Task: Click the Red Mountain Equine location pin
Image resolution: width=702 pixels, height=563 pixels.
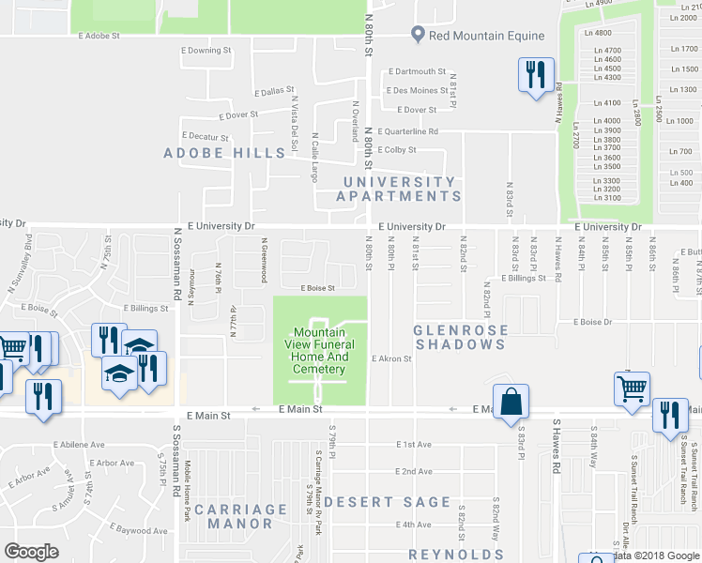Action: tap(417, 35)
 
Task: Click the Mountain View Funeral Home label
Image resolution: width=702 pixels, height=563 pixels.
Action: tap(320, 351)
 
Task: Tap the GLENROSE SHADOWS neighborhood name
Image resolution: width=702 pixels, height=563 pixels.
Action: tap(460, 337)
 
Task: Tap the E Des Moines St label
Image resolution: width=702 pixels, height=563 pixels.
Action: tap(416, 91)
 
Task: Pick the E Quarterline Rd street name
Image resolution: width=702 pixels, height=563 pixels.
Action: tap(406, 131)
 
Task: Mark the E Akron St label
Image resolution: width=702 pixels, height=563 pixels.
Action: tap(392, 358)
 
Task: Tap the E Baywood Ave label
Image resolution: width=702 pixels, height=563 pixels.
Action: tap(134, 530)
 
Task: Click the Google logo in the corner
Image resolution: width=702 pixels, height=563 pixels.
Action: tap(32, 551)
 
